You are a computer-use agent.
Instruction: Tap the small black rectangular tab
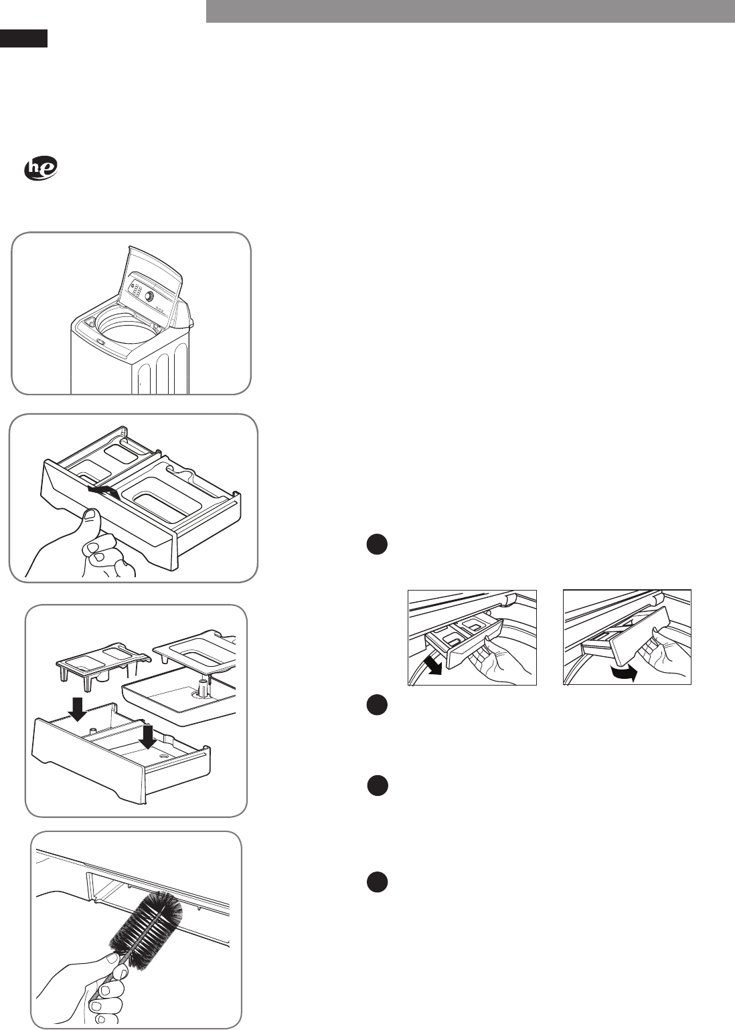pos(23,38)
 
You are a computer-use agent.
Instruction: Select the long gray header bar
pos(470,11)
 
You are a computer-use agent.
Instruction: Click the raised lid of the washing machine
pos(154,281)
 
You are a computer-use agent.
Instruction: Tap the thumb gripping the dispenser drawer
pos(90,523)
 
